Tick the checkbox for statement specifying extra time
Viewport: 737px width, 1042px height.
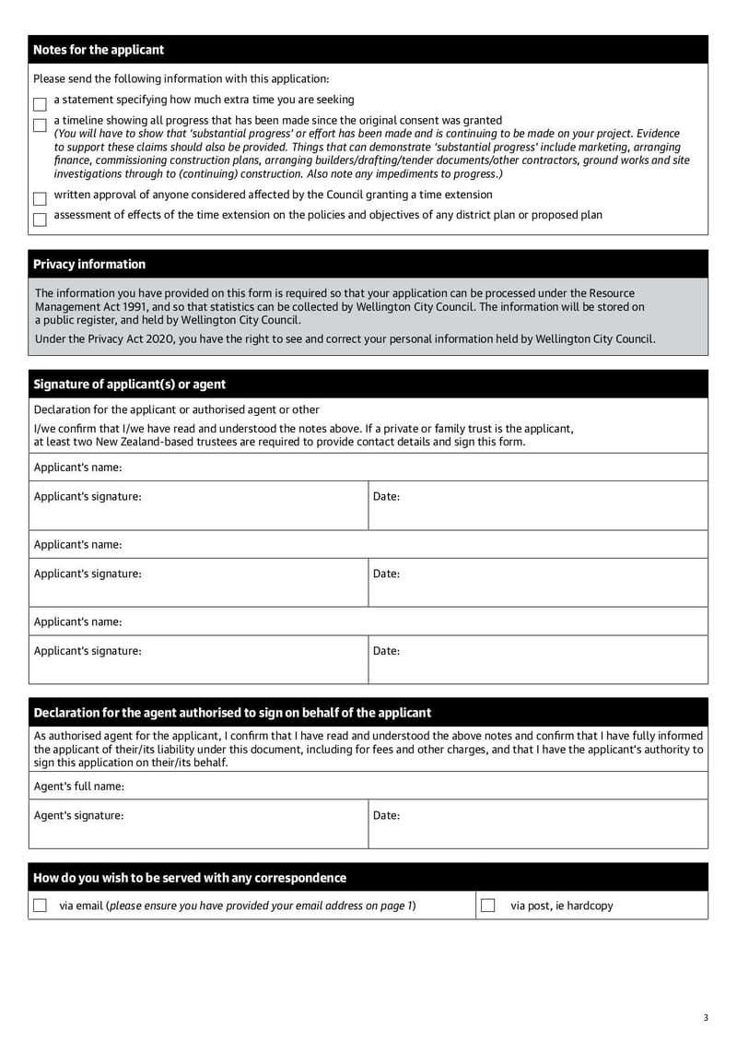pos(40,104)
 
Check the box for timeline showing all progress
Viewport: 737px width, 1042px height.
pos(40,124)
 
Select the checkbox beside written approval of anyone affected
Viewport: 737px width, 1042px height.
pos(40,198)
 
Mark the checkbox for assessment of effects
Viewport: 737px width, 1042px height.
pos(40,219)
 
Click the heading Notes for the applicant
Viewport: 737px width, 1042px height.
pos(99,50)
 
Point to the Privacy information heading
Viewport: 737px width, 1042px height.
pos(89,265)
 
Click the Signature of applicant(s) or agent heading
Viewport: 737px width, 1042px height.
pos(129,385)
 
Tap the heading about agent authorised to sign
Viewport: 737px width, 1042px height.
pos(232,713)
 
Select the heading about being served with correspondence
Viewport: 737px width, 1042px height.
pos(190,878)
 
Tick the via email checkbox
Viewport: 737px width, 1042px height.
pos(40,906)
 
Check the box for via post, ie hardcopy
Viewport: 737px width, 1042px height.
pos(488,906)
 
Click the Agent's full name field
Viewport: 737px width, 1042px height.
pos(415,787)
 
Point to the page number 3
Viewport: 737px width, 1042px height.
pos(706,1018)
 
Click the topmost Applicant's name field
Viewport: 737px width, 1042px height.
pos(415,468)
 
